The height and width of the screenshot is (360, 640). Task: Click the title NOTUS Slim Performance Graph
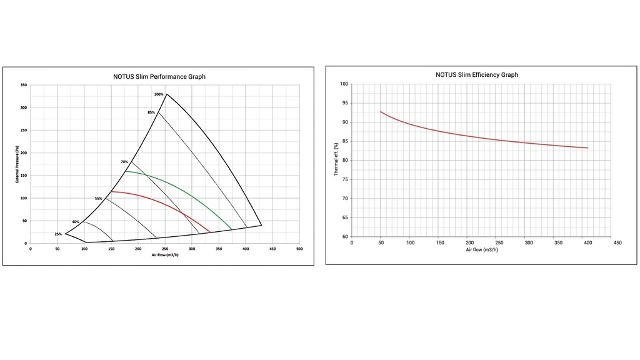point(159,77)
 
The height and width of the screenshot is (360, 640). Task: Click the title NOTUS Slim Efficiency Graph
point(477,74)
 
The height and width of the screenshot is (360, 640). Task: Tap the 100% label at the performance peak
point(159,94)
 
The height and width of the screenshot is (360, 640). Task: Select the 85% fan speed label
point(151,112)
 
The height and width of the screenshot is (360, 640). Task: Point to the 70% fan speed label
point(124,162)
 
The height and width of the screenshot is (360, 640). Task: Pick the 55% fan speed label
point(99,199)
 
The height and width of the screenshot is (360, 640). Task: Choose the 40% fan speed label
point(76,222)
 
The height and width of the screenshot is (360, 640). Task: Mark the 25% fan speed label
point(58,234)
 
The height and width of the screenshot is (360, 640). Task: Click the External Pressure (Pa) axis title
point(17,164)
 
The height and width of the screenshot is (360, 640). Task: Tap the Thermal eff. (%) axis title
point(336,161)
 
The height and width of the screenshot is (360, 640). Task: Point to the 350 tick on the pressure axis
point(23,85)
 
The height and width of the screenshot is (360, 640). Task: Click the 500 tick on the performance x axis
point(299,249)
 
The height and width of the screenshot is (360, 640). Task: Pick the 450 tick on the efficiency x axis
point(617,242)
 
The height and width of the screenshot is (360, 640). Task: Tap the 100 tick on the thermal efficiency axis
point(344,84)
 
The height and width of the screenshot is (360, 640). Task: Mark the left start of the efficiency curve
point(381,112)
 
